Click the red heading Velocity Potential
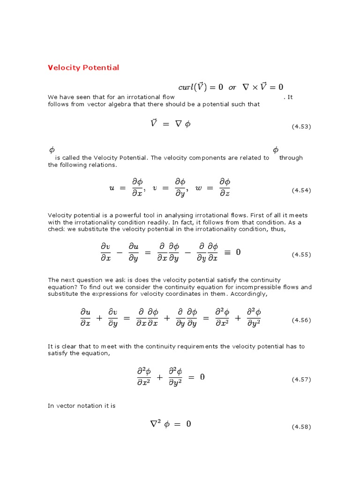coord(83,67)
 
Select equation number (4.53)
coord(301,127)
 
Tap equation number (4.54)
coord(301,190)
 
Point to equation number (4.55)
coord(301,255)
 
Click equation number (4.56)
coord(301,320)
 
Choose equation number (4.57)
coord(301,379)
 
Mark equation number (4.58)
coord(301,427)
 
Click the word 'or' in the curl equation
coord(232,87)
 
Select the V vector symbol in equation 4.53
coord(153,123)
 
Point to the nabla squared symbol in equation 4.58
coord(155,423)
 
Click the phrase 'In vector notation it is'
coord(81,406)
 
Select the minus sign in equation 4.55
coord(119,252)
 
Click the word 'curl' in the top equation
coord(186,87)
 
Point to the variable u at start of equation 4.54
coord(112,187)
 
